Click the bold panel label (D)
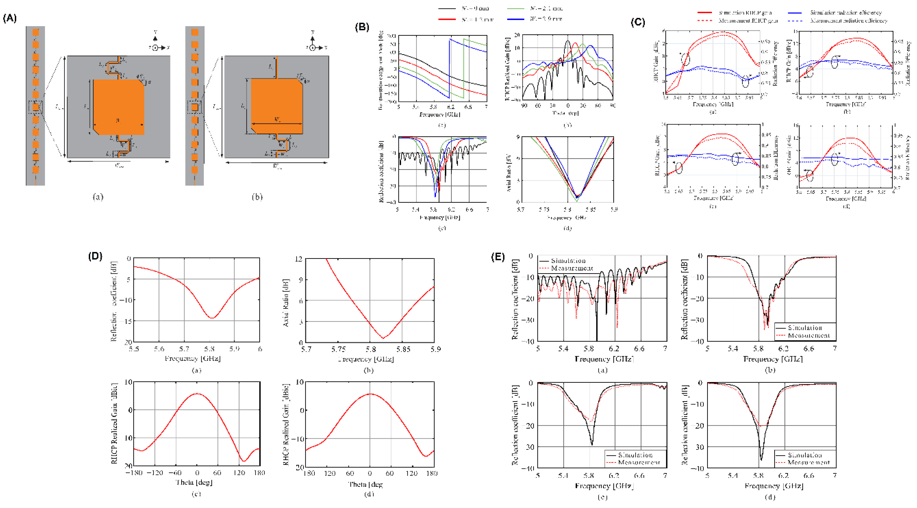(x=95, y=256)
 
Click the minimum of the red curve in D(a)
(x=212, y=318)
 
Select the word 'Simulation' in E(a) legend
(x=568, y=261)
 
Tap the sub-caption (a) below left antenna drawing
(x=98, y=197)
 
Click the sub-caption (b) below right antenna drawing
(x=257, y=197)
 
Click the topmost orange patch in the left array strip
(x=36, y=32)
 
